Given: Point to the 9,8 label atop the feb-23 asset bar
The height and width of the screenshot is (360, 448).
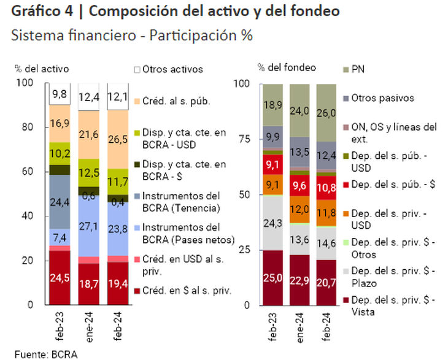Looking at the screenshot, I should [60, 94].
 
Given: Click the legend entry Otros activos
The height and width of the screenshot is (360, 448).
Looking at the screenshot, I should [172, 69].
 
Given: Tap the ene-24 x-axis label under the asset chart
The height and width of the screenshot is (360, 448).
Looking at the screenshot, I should [90, 326].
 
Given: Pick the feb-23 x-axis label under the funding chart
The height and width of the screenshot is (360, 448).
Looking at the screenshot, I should [273, 326].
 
